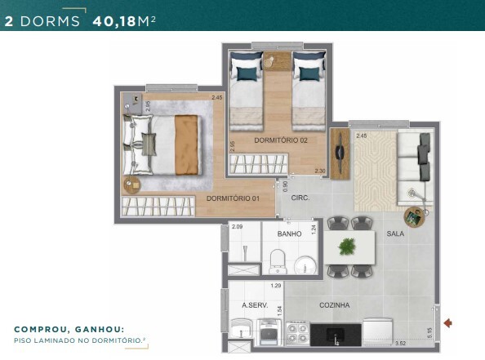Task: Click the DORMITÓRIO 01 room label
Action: pyautogui.click(x=232, y=198)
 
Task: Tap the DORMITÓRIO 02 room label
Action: pyautogui.click(x=280, y=140)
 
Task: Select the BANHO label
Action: pyautogui.click(x=290, y=233)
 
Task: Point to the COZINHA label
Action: pyautogui.click(x=335, y=304)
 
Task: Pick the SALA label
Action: pyautogui.click(x=395, y=233)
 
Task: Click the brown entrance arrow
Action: pyautogui.click(x=447, y=323)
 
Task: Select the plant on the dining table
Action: pyautogui.click(x=350, y=246)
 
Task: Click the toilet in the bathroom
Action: pyautogui.click(x=277, y=261)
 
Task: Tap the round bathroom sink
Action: pyautogui.click(x=304, y=264)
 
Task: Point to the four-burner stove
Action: pyautogui.click(x=296, y=331)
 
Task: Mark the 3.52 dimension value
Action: pyautogui.click(x=400, y=344)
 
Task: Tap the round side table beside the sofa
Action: pyautogui.click(x=415, y=216)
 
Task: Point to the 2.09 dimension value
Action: pyautogui.click(x=237, y=226)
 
